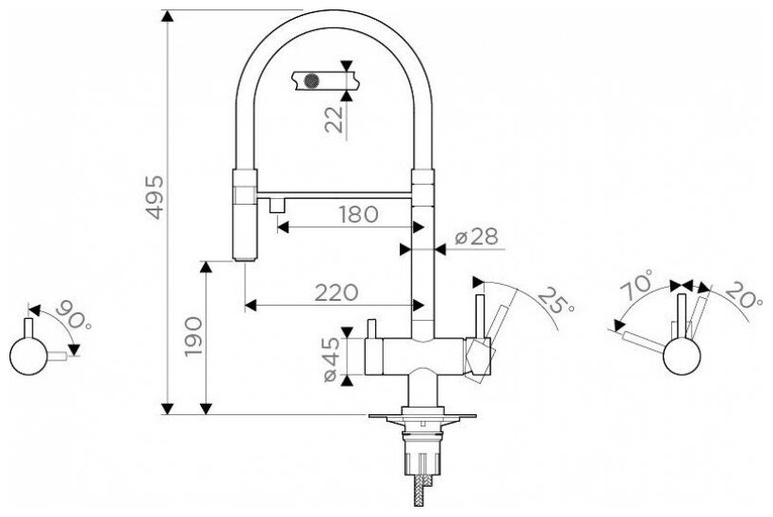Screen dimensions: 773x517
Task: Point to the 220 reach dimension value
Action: click(337, 292)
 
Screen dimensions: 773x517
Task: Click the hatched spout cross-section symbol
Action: click(311, 79)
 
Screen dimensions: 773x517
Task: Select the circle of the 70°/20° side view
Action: click(682, 357)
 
